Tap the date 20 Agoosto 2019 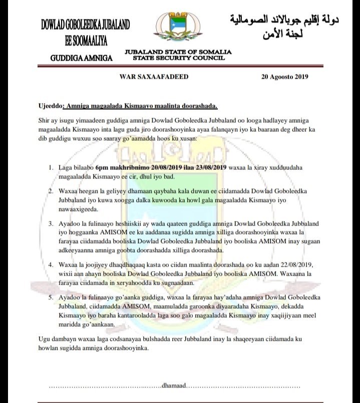pos(284,77)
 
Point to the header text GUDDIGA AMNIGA pos(82,58)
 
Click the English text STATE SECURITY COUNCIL pos(179,58)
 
